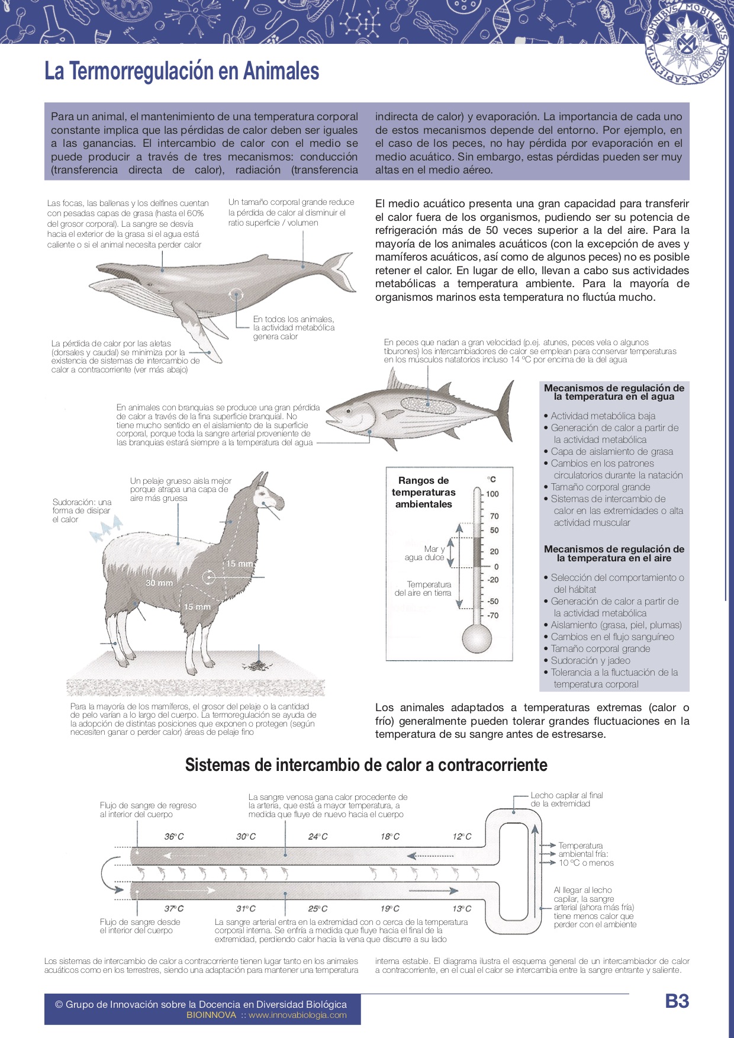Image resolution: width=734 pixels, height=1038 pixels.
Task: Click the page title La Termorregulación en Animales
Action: pyautogui.click(x=182, y=71)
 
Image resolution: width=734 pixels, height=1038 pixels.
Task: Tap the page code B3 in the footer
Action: pyautogui.click(x=677, y=1001)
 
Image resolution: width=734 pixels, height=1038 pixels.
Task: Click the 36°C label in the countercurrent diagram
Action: pyautogui.click(x=174, y=837)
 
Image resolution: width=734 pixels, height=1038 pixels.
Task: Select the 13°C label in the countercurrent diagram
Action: pyautogui.click(x=462, y=908)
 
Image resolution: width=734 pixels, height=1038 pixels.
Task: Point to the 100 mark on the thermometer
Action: pyautogui.click(x=492, y=494)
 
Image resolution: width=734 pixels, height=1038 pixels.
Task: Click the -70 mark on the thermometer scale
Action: pyautogui.click(x=492, y=616)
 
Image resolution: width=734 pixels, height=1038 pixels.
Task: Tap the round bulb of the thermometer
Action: pyautogui.click(x=477, y=639)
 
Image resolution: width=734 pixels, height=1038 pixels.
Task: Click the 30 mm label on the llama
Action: pyautogui.click(x=159, y=583)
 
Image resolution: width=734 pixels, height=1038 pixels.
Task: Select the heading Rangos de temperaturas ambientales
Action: pyautogui.click(x=424, y=492)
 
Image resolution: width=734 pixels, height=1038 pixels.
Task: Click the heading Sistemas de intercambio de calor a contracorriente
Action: pyautogui.click(x=366, y=765)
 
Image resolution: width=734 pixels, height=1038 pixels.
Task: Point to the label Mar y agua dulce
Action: pyautogui.click(x=425, y=553)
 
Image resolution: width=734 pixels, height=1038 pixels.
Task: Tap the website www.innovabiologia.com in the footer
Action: pyautogui.click(x=297, y=1015)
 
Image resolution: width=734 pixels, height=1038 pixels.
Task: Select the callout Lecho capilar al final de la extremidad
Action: pyautogui.click(x=566, y=799)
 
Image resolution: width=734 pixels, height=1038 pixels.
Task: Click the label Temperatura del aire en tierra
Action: pyautogui.click(x=423, y=589)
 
